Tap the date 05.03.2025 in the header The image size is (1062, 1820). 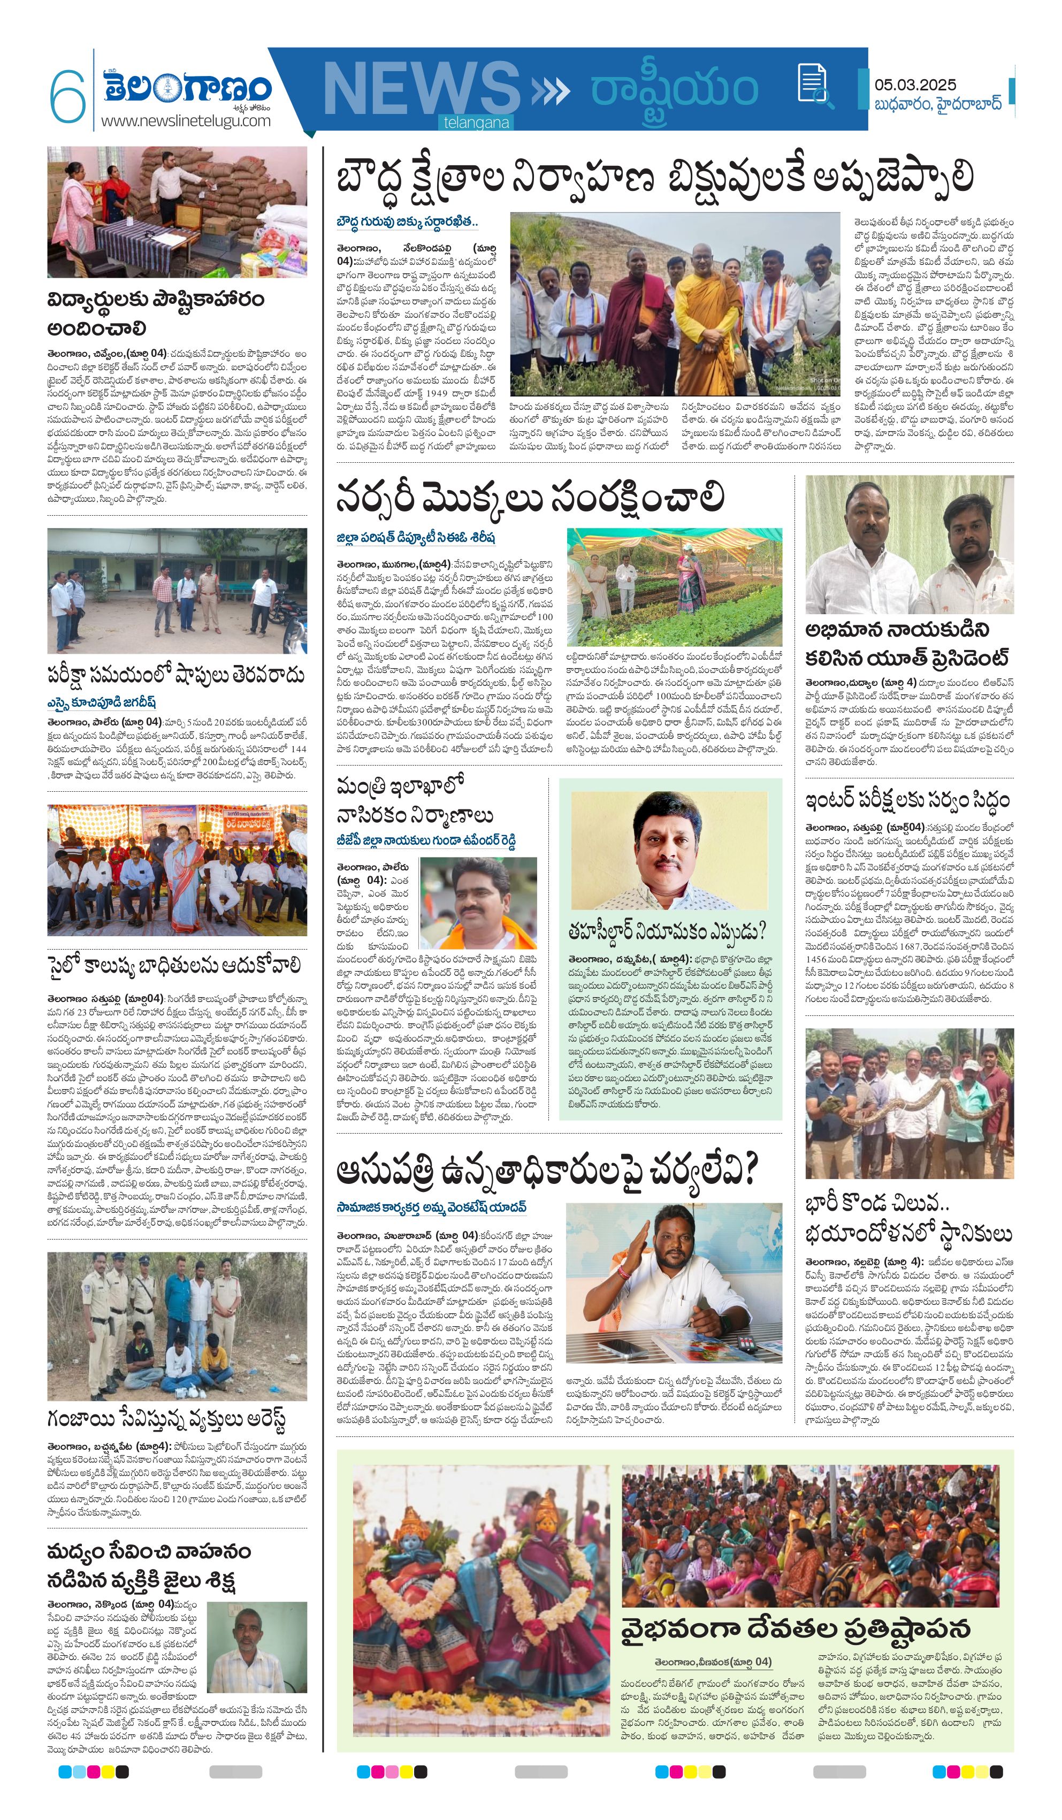(915, 85)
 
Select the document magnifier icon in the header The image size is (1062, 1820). (814, 85)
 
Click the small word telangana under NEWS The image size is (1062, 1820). (477, 123)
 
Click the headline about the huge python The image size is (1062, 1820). (908, 1218)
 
